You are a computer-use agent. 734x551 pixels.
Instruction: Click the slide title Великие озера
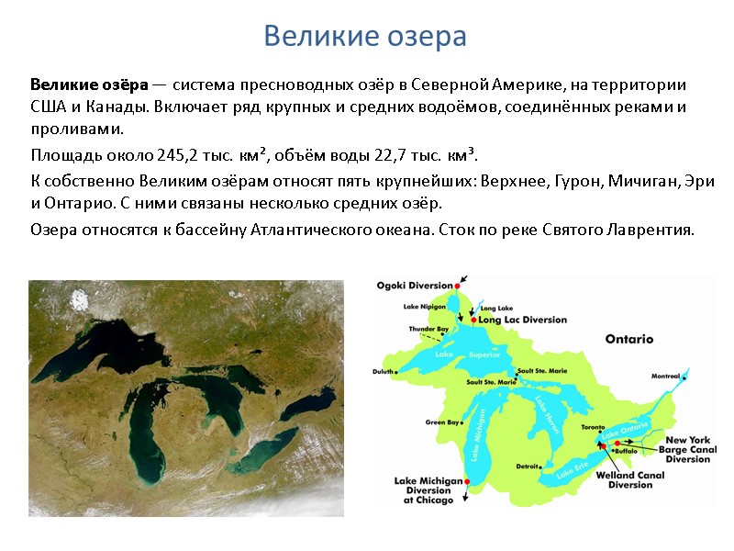365,37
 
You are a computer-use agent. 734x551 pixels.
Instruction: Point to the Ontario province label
628,339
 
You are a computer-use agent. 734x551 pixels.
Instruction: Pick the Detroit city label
528,467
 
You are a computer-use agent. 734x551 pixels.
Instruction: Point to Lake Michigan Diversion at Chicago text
424,490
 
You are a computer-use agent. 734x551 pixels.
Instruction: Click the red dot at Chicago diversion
467,481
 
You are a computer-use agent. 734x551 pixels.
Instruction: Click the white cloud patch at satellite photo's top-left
82,298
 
